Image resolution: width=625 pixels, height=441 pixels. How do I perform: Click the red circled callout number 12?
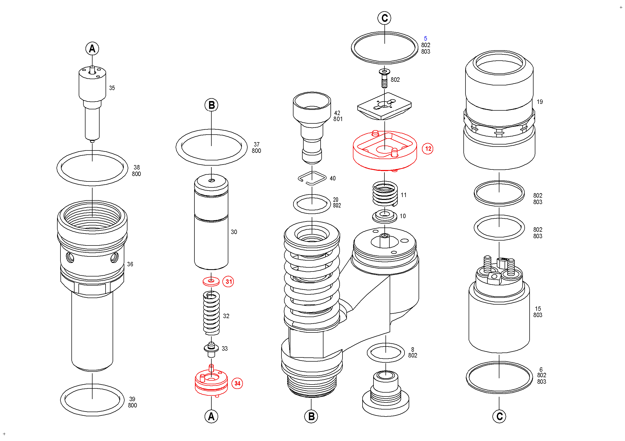[x=428, y=149]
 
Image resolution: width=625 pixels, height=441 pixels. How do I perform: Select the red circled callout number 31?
[x=228, y=282]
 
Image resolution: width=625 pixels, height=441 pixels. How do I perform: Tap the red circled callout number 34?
[x=237, y=384]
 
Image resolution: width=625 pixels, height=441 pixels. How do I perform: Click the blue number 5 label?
[x=425, y=39]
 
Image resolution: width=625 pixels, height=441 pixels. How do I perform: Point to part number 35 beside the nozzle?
[x=112, y=88]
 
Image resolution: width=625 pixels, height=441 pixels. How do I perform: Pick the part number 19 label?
[x=540, y=102]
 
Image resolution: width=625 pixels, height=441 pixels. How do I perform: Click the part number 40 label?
[x=333, y=178]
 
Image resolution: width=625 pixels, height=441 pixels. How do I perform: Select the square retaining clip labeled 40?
[x=312, y=178]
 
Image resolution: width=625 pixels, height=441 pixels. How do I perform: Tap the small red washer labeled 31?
[x=211, y=281]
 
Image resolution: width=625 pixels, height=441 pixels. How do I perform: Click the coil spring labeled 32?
[x=211, y=313]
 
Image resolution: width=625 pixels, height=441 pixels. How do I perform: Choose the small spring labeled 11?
[x=385, y=194]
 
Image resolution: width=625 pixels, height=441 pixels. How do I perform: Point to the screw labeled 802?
[x=384, y=79]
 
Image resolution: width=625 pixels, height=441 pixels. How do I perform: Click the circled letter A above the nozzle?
[x=92, y=49]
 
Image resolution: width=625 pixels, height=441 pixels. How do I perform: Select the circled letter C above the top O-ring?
[x=384, y=18]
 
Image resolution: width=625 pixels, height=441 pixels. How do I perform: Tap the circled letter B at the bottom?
[x=311, y=417]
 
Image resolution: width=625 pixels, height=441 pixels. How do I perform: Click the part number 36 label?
[x=130, y=264]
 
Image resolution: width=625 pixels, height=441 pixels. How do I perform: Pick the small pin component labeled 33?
[x=211, y=349]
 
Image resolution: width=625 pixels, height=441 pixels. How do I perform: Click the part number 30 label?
[x=234, y=232]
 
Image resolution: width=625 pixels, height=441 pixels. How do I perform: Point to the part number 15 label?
[x=538, y=309]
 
